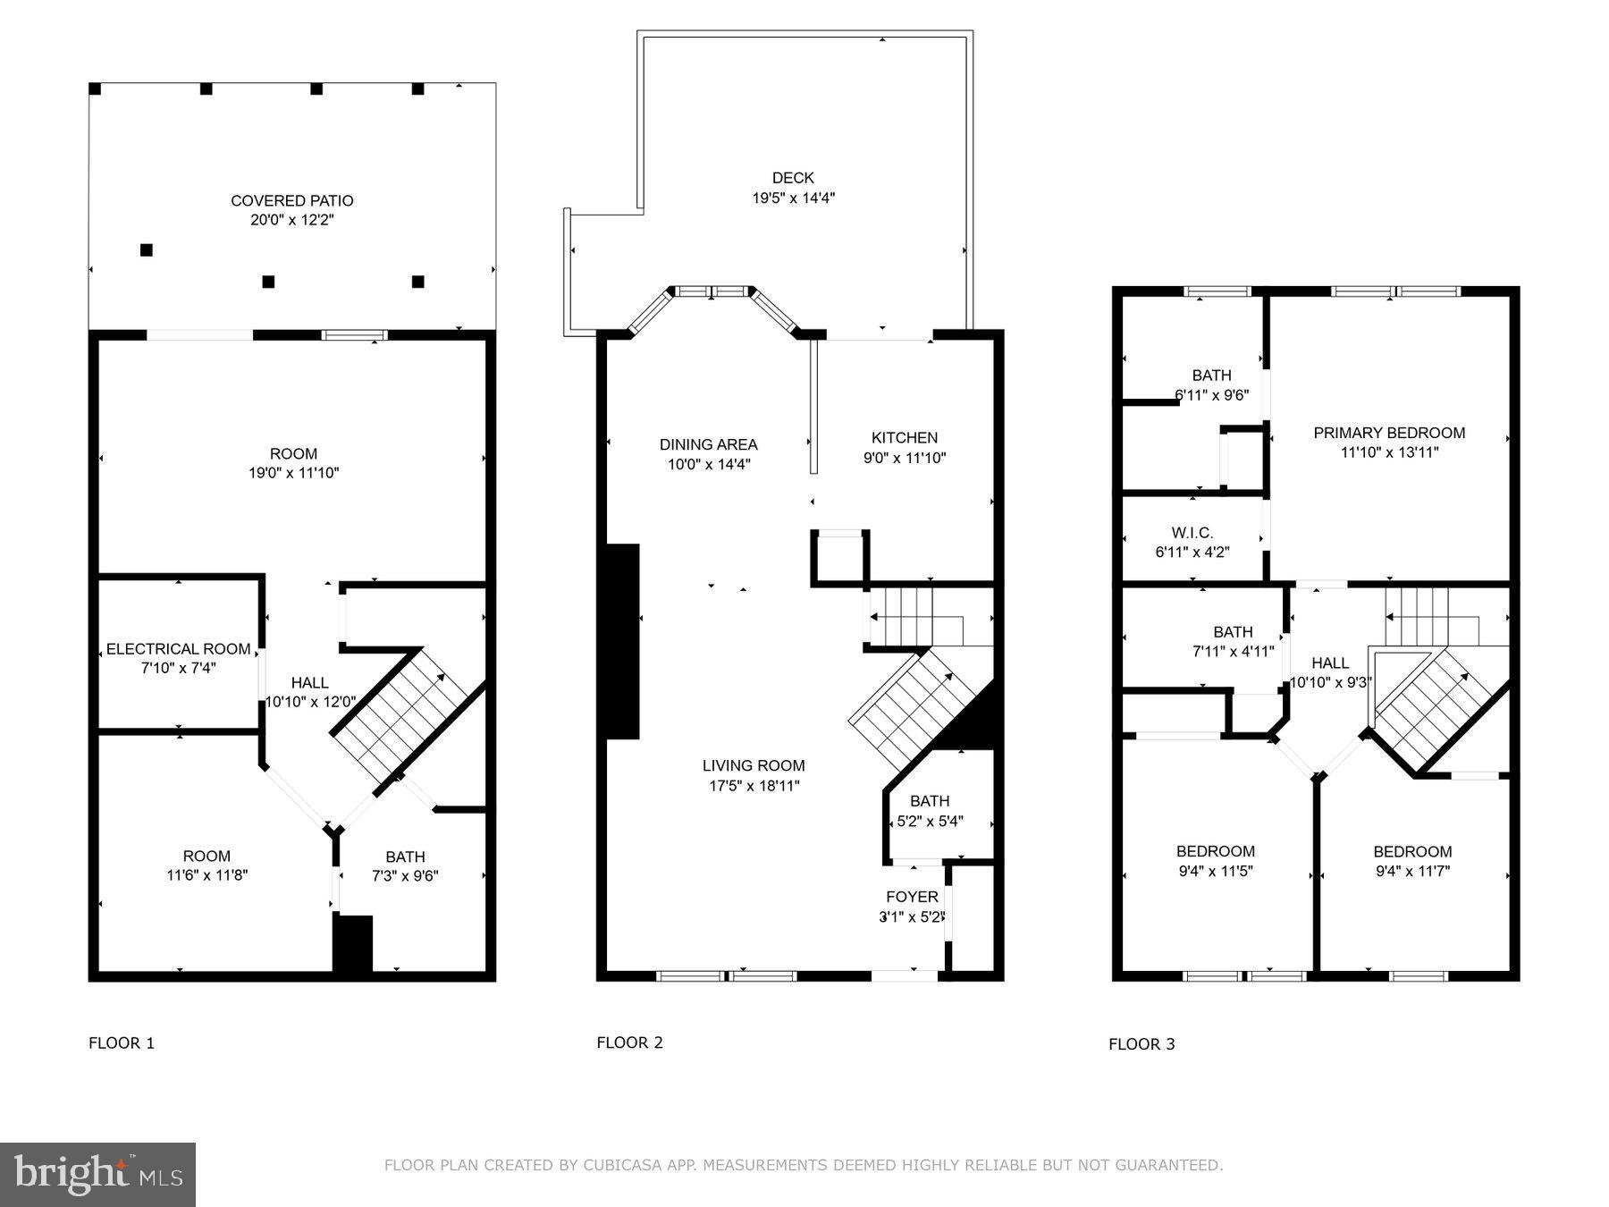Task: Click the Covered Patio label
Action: (292, 200)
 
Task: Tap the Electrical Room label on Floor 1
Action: (179, 649)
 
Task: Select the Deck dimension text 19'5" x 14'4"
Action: (793, 198)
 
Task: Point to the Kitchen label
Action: (905, 437)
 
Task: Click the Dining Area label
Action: (708, 444)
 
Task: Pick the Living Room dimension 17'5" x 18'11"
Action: (753, 786)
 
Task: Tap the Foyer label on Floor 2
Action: (912, 897)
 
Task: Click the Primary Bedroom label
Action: (1389, 433)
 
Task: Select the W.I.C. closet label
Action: (1192, 533)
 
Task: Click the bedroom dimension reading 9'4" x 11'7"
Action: (1412, 871)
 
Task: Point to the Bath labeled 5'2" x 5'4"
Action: (930, 801)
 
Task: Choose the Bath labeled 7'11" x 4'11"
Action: (1233, 632)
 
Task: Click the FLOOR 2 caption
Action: (629, 1042)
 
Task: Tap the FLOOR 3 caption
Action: (1141, 1044)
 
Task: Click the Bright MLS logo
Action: (97, 1174)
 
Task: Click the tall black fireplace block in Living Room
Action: (623, 641)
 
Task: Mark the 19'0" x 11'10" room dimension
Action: (293, 473)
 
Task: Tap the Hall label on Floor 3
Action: (1329, 663)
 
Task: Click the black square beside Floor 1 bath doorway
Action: (353, 944)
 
